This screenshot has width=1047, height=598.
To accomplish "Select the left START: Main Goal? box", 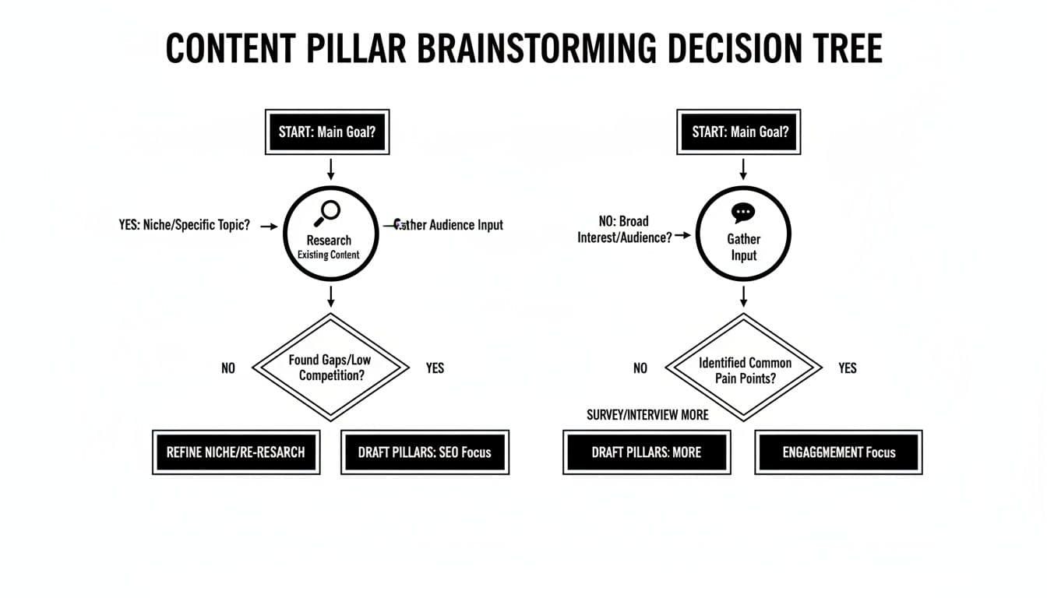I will point(327,132).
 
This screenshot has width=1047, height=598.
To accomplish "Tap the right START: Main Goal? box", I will point(740,132).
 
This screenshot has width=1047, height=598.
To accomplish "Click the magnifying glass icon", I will point(330,212).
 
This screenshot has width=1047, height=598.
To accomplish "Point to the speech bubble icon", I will point(743,213).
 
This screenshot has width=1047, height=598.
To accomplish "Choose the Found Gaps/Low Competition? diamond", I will point(332,368).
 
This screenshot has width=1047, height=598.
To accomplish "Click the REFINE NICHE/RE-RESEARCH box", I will point(236,452).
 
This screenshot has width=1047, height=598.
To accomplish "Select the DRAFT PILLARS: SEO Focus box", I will point(425,452).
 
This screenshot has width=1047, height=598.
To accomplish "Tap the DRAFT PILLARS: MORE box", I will point(647,452).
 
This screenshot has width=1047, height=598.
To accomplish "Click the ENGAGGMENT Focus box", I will point(838,452).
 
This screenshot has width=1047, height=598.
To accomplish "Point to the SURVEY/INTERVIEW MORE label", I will point(647,415).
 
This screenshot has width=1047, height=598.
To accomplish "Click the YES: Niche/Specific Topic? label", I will point(185,226).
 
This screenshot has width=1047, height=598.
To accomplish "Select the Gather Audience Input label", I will point(449,225).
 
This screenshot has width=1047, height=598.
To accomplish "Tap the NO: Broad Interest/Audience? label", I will point(625,230).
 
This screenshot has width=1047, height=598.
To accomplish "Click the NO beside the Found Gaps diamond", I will point(227,368).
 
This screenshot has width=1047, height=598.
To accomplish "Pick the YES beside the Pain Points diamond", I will point(847,368).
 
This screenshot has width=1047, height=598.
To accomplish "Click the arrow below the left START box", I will point(331,169).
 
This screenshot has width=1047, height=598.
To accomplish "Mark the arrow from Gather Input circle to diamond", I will point(744,296).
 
